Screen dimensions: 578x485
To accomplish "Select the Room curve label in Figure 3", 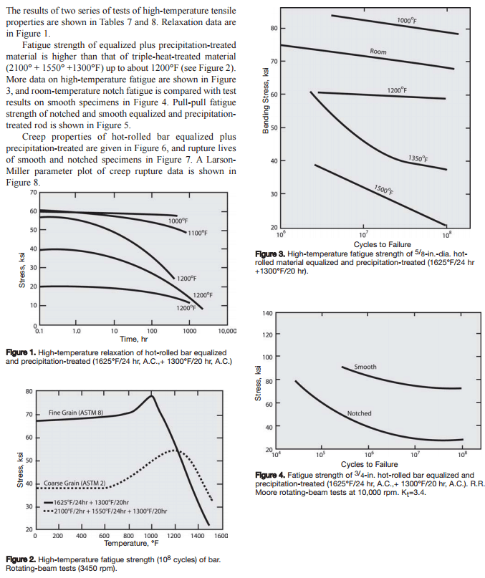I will tap(378, 52).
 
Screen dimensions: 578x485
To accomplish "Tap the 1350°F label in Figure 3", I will tap(418, 158).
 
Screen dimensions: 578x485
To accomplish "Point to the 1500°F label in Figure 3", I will tap(383, 190).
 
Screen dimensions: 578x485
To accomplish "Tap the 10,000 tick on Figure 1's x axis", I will tap(226, 331).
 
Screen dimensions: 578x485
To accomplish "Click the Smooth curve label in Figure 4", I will tap(365, 367).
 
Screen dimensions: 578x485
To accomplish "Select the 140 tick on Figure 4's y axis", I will tap(266, 313).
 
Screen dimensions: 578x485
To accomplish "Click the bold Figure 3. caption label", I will tap(270, 254).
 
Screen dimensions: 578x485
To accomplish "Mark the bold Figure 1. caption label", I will tap(21, 353).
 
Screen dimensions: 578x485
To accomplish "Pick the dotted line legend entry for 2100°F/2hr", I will tap(107, 511).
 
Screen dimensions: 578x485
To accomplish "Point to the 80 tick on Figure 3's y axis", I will tap(273, 29).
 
